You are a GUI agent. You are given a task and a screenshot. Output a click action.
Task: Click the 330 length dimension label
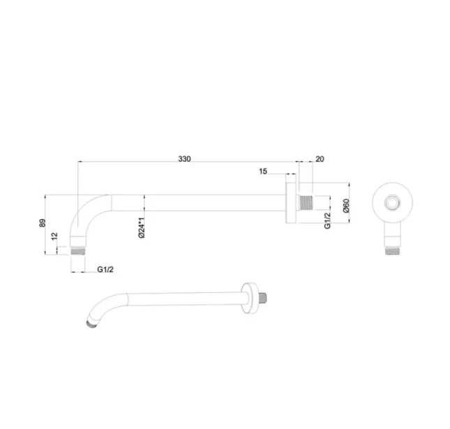tap(183, 160)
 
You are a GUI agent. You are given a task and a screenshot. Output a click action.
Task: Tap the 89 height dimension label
tap(43, 223)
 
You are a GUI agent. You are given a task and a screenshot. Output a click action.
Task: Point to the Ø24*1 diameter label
tap(141, 228)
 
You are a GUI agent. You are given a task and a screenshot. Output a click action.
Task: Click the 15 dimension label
tap(263, 172)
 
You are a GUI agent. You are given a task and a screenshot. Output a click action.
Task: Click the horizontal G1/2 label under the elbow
tap(105, 269)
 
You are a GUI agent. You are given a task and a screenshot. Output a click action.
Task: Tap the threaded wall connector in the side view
tap(304, 204)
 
